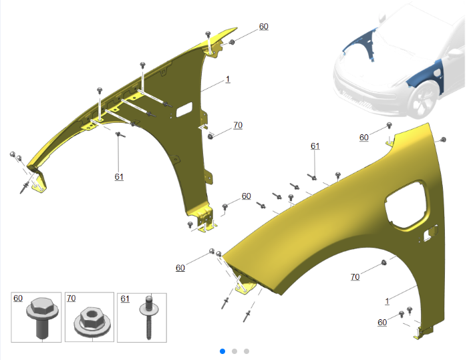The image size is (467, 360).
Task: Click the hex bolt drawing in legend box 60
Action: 42,317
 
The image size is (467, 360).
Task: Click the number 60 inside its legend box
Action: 18,298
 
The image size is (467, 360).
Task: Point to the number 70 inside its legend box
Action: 71,298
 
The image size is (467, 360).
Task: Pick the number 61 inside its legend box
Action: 125,299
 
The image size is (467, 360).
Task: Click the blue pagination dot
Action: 222,351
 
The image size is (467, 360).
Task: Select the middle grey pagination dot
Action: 235,351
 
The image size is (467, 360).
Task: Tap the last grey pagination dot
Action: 247,351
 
